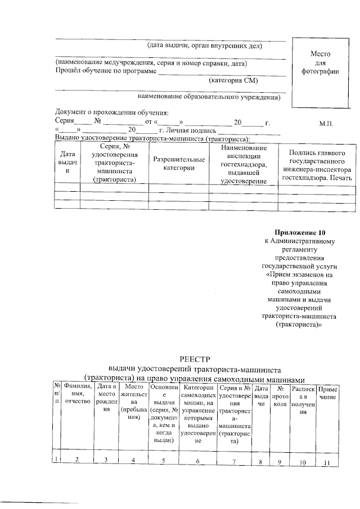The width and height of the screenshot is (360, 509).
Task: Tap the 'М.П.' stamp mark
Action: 326,123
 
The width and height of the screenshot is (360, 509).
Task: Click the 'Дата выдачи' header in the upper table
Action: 67,161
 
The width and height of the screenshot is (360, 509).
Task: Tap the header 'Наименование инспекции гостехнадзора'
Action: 244,164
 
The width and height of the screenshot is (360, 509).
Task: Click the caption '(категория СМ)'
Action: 233,80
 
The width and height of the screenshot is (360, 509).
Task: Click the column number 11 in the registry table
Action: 326,462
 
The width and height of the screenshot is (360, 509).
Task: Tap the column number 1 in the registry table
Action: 57,461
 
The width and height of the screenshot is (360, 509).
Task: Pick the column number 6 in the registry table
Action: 198,462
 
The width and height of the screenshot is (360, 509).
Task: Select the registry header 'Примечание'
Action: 327,394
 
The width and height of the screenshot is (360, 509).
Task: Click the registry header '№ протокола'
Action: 280,396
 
